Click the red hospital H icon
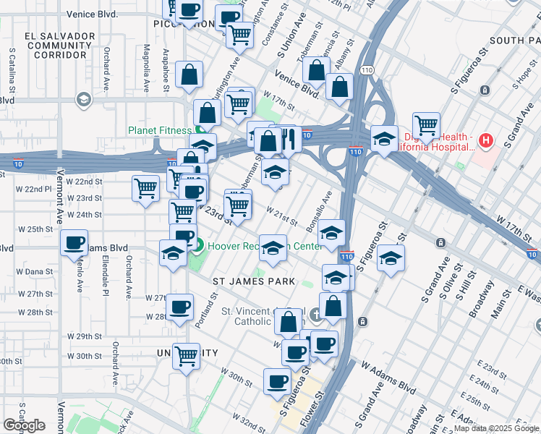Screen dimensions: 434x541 (x=486, y=140)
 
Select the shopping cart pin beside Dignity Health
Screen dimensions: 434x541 (x=427, y=125)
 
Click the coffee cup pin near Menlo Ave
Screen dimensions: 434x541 (x=74, y=243)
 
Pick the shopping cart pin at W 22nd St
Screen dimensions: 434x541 (x=146, y=189)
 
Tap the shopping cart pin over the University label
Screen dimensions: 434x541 (x=187, y=356)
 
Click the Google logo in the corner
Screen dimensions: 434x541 (x=25, y=425)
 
